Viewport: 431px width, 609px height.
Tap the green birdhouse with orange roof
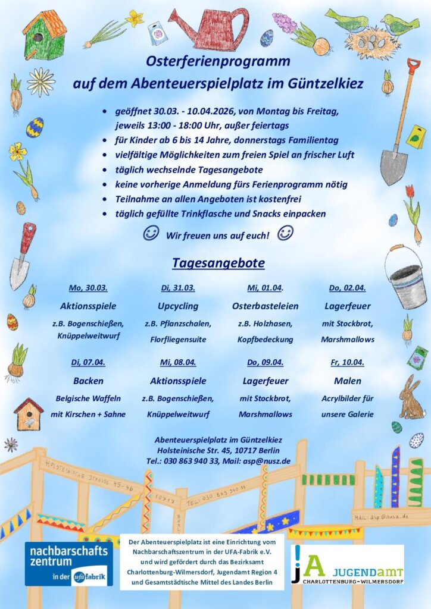(x=45, y=34)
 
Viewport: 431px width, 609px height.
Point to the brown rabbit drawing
(x=411, y=398)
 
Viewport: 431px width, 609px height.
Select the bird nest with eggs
(x=372, y=43)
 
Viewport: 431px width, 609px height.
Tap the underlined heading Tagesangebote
(x=218, y=262)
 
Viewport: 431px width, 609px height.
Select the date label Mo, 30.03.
(x=88, y=288)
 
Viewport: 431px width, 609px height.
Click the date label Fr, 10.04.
(x=347, y=362)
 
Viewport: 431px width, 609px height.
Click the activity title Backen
(x=88, y=381)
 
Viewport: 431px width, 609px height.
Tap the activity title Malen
(x=347, y=381)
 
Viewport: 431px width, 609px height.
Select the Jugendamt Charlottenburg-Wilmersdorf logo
(x=347, y=564)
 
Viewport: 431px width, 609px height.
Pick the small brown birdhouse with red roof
(x=29, y=414)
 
